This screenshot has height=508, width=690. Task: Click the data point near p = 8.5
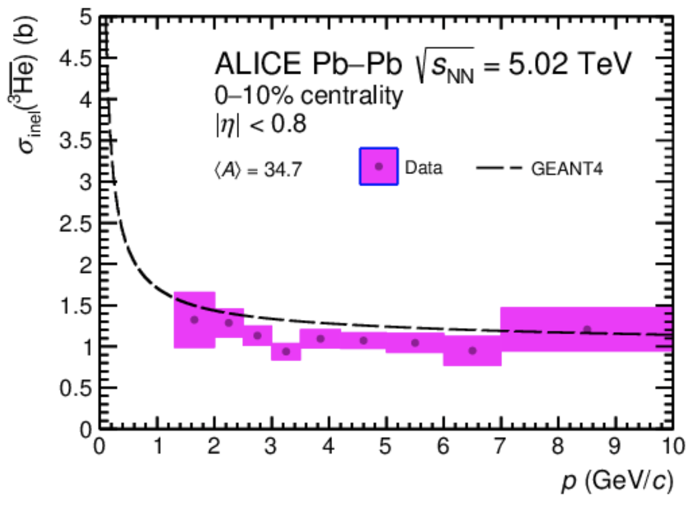[x=587, y=329]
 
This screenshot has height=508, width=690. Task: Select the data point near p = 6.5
[x=472, y=351]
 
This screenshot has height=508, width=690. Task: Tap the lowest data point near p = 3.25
[x=286, y=352]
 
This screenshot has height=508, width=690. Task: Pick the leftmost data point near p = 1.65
[x=194, y=320]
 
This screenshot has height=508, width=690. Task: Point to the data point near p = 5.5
[x=415, y=343]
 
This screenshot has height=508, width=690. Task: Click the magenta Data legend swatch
[x=379, y=166]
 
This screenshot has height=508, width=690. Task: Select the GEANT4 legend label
[x=567, y=169]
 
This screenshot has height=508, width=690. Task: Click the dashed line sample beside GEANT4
[x=500, y=168]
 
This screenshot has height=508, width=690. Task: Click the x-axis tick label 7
[x=501, y=443]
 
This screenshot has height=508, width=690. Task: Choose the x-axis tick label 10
[x=670, y=443]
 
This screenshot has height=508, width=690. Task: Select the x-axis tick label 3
[x=271, y=443]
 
